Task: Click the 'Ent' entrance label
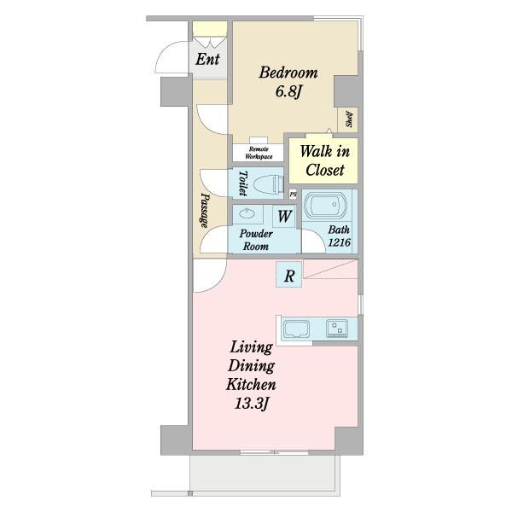click(207, 60)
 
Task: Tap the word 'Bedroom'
click(288, 73)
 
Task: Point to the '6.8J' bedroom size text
click(288, 91)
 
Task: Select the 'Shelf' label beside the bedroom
click(349, 119)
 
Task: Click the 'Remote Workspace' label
click(259, 153)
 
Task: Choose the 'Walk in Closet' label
click(325, 160)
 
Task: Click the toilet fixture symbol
click(269, 185)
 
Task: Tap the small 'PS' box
click(293, 195)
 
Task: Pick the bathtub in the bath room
click(325, 205)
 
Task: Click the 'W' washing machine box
click(284, 216)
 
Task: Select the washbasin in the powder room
click(247, 214)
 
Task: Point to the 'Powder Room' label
click(256, 240)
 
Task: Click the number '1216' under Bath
click(340, 242)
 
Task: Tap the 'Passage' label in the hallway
click(205, 210)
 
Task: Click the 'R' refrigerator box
click(289, 275)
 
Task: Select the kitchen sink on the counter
click(296, 329)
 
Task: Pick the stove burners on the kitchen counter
click(337, 329)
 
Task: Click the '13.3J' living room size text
click(252, 404)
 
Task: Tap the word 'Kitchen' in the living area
click(251, 385)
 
